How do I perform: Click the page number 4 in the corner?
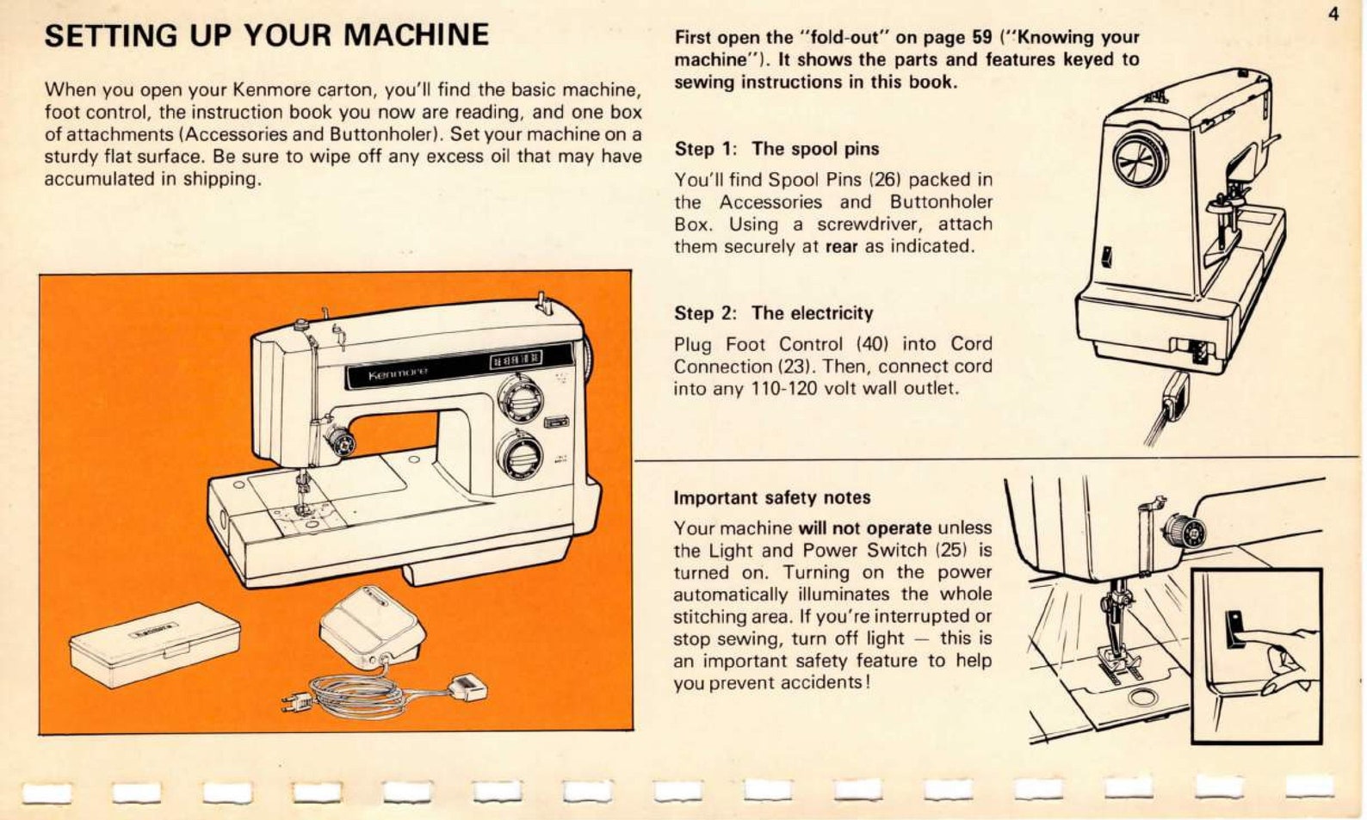1333,15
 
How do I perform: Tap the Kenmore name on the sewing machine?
398,374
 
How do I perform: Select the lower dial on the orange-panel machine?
519,456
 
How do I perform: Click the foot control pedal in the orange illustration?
372,626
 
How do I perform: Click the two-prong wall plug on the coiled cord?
296,705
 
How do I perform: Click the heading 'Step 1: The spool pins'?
776,149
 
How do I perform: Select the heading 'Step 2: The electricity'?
773,313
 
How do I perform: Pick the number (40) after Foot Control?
872,344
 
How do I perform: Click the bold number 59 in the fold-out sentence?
982,38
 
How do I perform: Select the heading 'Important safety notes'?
771,498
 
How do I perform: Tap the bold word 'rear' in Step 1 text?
841,247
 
